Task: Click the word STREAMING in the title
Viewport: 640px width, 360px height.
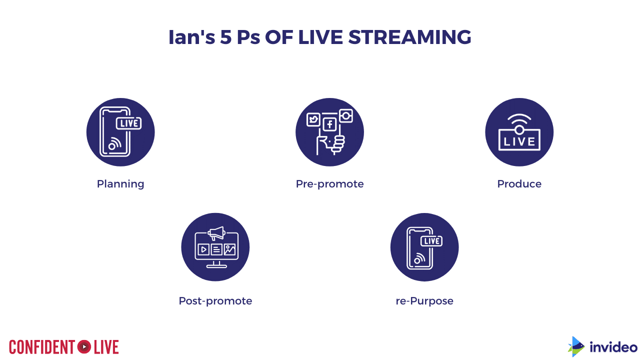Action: (x=409, y=37)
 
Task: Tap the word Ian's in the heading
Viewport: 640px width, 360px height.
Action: (x=191, y=37)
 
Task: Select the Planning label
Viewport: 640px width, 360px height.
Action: (x=120, y=184)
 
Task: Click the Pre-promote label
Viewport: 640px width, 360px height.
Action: (x=329, y=184)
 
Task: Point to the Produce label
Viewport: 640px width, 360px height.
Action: (x=519, y=183)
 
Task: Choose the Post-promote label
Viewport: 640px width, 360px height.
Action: (x=215, y=301)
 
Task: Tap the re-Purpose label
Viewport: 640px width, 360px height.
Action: (x=424, y=301)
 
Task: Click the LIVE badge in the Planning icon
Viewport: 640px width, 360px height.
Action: (x=129, y=123)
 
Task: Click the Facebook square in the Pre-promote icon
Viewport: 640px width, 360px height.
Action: (x=329, y=124)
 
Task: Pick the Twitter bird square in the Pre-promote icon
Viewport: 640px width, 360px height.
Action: (x=313, y=119)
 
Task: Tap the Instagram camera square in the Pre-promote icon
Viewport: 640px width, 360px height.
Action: (x=346, y=115)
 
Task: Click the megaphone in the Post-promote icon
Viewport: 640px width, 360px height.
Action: (x=217, y=233)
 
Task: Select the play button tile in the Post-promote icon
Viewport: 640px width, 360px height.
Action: (x=203, y=249)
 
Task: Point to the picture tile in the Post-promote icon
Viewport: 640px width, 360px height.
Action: (x=229, y=249)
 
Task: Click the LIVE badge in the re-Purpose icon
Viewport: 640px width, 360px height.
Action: (x=431, y=241)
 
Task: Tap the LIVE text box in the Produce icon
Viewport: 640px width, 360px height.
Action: (x=519, y=140)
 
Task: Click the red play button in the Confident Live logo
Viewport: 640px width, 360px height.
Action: (x=84, y=347)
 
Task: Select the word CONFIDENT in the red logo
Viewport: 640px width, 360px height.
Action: (x=42, y=347)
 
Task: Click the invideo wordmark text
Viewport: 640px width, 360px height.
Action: (x=613, y=347)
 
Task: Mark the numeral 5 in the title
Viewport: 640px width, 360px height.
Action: (x=225, y=37)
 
